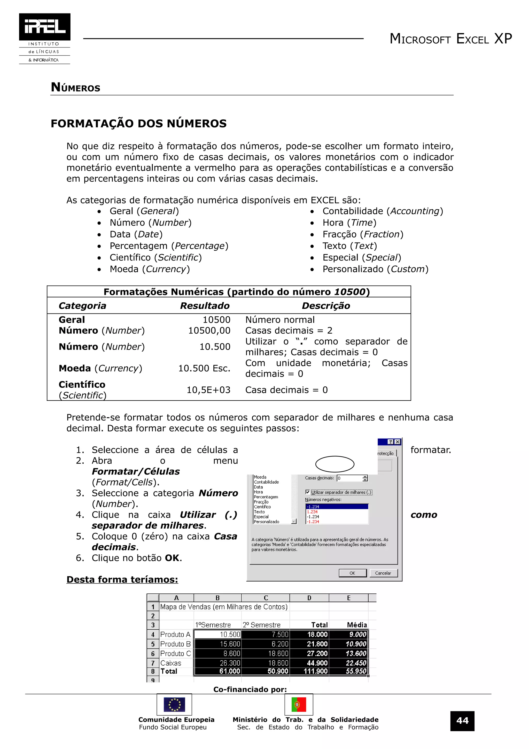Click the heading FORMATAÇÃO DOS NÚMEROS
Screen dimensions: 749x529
point(138,124)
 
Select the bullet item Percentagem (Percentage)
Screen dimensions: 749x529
point(169,246)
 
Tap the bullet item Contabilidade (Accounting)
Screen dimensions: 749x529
point(383,211)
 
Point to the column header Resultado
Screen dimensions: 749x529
point(205,306)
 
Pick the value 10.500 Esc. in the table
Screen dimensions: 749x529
point(204,368)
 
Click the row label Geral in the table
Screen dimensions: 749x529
point(72,320)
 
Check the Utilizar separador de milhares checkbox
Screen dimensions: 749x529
point(308,492)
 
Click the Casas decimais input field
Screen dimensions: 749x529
point(350,478)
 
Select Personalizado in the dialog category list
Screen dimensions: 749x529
point(266,522)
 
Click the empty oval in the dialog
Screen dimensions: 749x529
point(335,464)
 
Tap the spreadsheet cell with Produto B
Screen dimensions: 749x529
point(175,644)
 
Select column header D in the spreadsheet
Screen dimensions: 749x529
point(309,598)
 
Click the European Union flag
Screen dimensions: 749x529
point(174,705)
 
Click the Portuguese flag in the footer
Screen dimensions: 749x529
point(299,705)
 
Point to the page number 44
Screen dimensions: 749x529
point(462,721)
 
